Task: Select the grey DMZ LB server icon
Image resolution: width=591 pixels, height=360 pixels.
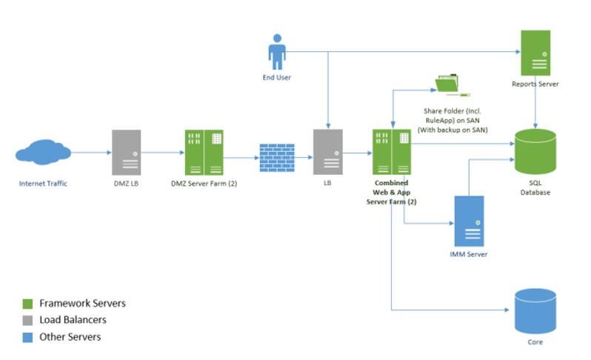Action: [126, 152]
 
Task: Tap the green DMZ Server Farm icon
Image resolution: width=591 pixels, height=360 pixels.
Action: [204, 152]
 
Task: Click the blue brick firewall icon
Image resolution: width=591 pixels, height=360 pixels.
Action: [277, 157]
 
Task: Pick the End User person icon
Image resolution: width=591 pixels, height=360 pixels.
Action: [277, 51]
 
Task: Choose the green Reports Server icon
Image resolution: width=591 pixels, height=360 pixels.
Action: [535, 53]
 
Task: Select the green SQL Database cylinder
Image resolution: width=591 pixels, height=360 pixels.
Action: [535, 153]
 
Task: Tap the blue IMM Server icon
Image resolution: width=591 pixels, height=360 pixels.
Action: [469, 221]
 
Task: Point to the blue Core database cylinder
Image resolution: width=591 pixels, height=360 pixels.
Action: [535, 310]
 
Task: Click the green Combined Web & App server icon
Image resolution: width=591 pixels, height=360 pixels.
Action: [392, 152]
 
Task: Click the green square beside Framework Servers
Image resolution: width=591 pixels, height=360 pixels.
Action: [27, 304]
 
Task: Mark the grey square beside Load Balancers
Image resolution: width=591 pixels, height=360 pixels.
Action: [27, 321]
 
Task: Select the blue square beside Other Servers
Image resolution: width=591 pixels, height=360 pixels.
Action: [27, 337]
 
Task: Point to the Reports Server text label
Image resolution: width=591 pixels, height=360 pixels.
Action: [535, 84]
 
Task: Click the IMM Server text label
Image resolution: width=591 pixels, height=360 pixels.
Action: [469, 255]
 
